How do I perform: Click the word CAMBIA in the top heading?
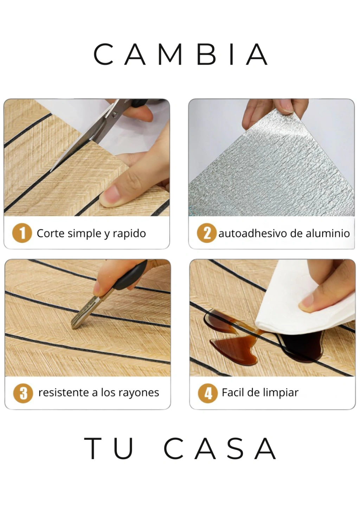click(x=181, y=54)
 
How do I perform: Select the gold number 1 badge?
click(x=22, y=233)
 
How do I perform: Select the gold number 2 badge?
click(x=207, y=233)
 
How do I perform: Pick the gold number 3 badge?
click(x=23, y=394)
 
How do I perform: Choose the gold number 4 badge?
click(x=208, y=394)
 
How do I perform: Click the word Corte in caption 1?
click(x=50, y=233)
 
